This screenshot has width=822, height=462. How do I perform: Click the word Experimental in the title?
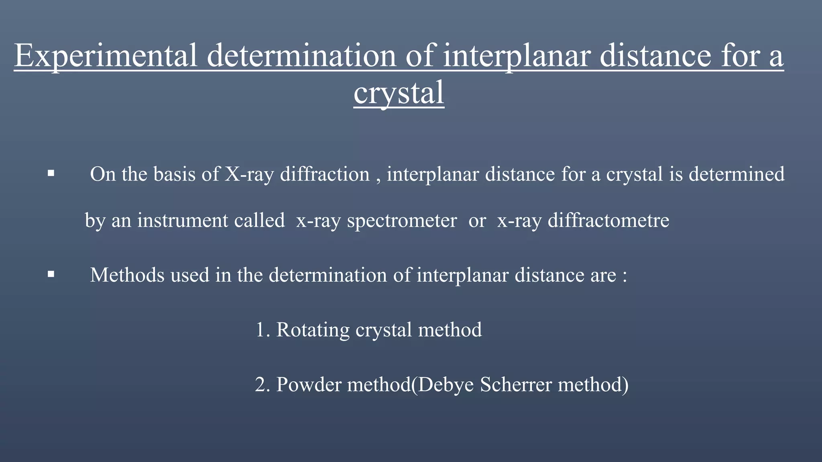click(x=106, y=56)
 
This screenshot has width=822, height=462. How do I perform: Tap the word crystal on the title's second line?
click(x=399, y=93)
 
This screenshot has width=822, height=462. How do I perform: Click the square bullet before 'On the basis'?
click(x=51, y=174)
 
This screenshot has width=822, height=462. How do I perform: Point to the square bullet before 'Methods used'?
click(x=51, y=275)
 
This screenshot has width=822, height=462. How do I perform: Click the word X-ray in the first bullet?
click(x=249, y=174)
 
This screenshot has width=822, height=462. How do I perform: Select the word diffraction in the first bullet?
click(x=324, y=174)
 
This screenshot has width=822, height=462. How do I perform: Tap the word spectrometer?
click(x=402, y=221)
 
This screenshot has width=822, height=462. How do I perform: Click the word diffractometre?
click(x=608, y=221)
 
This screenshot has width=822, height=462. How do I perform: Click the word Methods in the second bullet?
click(x=127, y=275)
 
